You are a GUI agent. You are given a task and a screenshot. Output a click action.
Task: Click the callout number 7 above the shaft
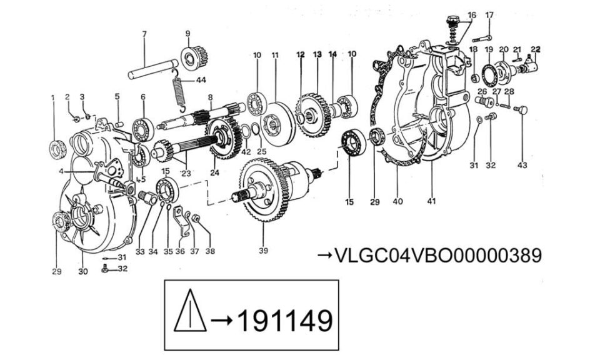(x=144, y=34)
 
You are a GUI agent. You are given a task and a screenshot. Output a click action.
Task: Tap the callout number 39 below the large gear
(x=263, y=251)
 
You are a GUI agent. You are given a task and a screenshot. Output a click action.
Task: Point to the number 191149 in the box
(x=285, y=321)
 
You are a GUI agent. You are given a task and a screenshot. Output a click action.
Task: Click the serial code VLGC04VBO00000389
(x=438, y=255)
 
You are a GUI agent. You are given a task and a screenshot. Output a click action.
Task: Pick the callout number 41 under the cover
(x=431, y=201)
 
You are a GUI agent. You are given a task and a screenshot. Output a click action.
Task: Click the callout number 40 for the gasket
(x=397, y=201)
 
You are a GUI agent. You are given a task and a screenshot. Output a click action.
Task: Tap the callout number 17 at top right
(x=489, y=15)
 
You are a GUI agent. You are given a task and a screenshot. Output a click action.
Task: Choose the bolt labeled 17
(x=482, y=38)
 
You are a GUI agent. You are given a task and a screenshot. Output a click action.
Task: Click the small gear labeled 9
(x=194, y=57)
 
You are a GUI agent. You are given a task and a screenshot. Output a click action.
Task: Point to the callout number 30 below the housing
(x=83, y=271)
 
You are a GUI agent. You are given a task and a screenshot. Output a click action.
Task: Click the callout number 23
(x=186, y=173)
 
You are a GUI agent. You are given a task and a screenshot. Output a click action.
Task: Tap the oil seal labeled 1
(x=58, y=149)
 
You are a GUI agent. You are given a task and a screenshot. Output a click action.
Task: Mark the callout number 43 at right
(x=522, y=165)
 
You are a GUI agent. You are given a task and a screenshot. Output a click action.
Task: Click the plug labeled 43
(x=521, y=110)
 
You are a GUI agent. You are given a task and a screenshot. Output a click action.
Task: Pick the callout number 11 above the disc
(x=275, y=55)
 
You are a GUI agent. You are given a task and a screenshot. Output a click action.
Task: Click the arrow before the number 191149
(x=221, y=320)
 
